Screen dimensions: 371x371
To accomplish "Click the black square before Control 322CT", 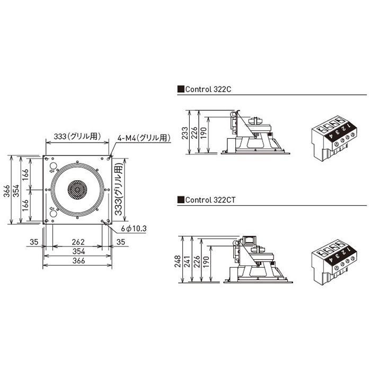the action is pyautogui.click(x=181, y=200).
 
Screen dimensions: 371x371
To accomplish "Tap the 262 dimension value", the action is pyautogui.click(x=78, y=242).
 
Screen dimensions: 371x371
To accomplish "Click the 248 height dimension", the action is pyautogui.click(x=178, y=261).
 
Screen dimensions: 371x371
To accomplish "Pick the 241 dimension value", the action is pyautogui.click(x=187, y=261).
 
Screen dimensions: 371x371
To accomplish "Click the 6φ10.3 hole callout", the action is pyautogui.click(x=134, y=228).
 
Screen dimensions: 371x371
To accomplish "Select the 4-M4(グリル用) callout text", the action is pyautogui.click(x=144, y=138).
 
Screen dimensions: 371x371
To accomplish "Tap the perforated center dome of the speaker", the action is pyautogui.click(x=77, y=190).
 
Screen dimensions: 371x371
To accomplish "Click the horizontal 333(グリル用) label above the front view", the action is pyautogui.click(x=77, y=136).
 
